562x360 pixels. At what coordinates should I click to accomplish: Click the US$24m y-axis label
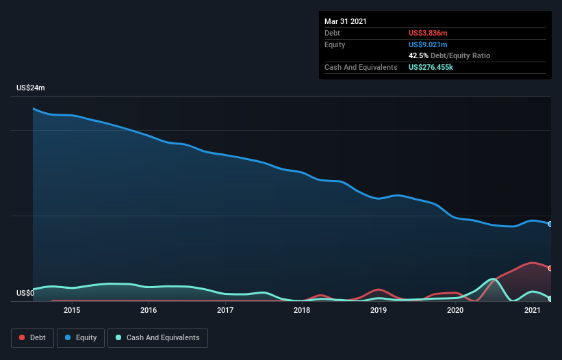click(x=31, y=88)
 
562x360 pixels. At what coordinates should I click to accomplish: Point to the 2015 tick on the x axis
click(x=72, y=311)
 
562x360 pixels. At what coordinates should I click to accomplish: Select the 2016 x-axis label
click(x=149, y=311)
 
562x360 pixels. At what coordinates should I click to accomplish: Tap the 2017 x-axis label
click(x=225, y=311)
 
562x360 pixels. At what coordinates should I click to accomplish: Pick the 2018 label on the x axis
click(x=302, y=311)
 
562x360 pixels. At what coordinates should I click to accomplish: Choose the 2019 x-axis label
click(x=379, y=311)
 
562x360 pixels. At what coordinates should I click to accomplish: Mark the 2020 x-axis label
click(x=456, y=311)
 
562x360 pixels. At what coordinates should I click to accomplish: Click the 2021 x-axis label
click(x=533, y=311)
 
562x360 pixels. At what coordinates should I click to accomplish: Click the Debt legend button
click(x=30, y=337)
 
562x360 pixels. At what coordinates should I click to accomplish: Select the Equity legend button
click(x=81, y=337)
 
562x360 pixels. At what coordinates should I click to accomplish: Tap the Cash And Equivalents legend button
click(x=157, y=337)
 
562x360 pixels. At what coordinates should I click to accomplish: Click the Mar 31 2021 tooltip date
click(x=346, y=21)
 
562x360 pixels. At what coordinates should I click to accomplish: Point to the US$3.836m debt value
click(x=428, y=33)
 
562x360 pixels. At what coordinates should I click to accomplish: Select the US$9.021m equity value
click(x=428, y=44)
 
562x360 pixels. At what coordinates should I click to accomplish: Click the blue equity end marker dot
click(x=550, y=224)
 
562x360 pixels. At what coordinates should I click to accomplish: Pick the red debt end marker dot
click(x=550, y=268)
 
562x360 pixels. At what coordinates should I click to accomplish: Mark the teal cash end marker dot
click(x=550, y=298)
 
